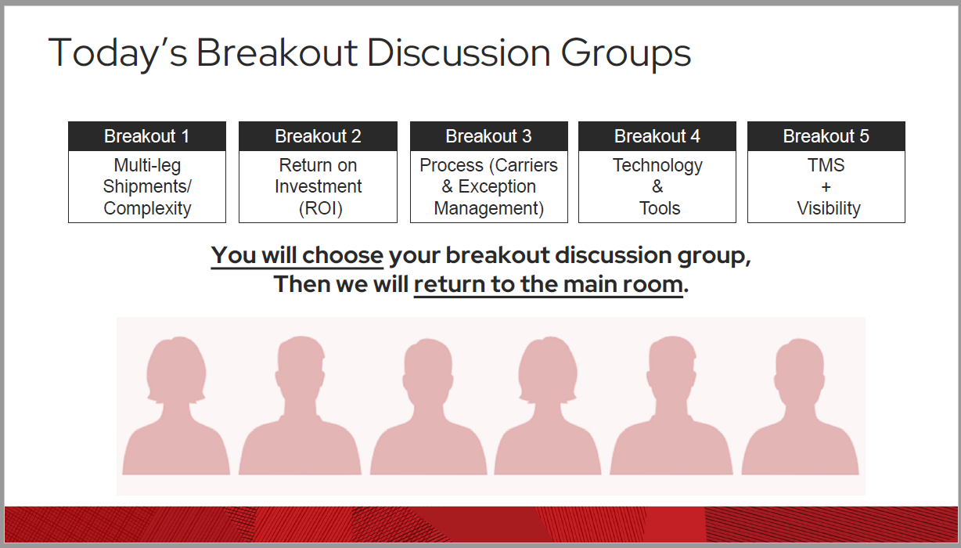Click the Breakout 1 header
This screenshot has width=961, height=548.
[x=146, y=136]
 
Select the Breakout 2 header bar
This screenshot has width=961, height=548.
[x=318, y=136]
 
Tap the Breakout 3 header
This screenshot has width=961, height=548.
[x=488, y=136]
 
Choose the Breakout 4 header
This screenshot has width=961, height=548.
[x=657, y=136]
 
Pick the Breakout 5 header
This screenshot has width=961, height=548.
[x=826, y=136]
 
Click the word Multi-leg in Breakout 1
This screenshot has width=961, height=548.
[x=146, y=166]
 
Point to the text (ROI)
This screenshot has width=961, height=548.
[x=320, y=208]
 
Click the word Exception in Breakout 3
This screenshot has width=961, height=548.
[x=497, y=187]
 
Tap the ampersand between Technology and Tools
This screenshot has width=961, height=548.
[x=657, y=187]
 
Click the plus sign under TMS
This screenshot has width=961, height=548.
[x=826, y=187]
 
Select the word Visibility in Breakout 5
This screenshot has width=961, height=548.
[x=828, y=208]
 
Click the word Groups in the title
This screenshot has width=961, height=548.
[x=626, y=53]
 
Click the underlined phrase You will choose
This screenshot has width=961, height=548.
[x=297, y=256]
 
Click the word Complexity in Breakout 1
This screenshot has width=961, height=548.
[x=147, y=208]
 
